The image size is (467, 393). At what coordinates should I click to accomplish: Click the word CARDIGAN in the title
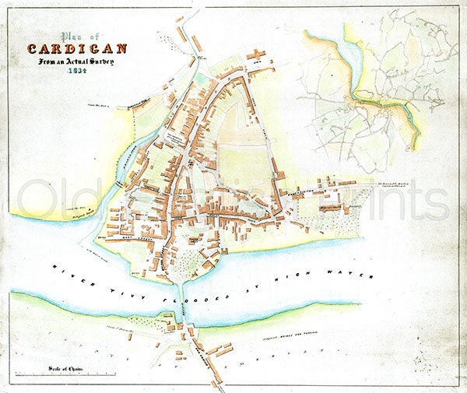tap(77, 49)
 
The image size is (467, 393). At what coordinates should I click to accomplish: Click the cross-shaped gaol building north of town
tap(255, 55)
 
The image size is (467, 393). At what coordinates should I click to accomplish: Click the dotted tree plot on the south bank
tap(144, 319)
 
